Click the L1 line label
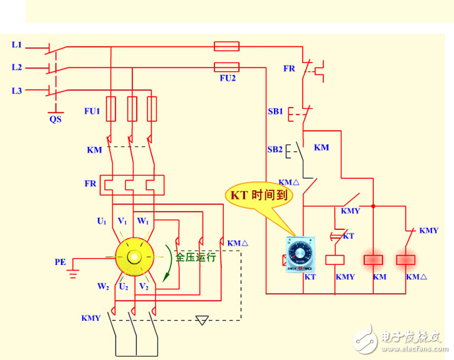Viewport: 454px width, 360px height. tap(17, 45)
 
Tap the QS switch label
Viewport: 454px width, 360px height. tap(55, 118)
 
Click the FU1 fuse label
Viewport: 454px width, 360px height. tap(92, 110)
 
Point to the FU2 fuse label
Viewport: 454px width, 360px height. tap(227, 79)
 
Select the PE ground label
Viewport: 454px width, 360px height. tap(61, 261)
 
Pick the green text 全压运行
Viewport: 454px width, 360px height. tap(195, 257)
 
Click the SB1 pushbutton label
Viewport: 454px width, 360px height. tap(275, 111)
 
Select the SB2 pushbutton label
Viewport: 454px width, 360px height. tap(275, 149)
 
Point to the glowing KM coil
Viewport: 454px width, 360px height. tap(373, 259)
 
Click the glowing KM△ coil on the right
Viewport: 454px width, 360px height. tap(407, 259)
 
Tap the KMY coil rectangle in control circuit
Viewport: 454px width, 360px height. tap(336, 259)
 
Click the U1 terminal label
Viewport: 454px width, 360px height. tap(101, 222)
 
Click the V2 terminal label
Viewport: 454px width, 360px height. tap(144, 286)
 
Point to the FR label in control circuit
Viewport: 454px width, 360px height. tap(289, 68)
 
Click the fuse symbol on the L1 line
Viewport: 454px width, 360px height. tap(227, 47)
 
